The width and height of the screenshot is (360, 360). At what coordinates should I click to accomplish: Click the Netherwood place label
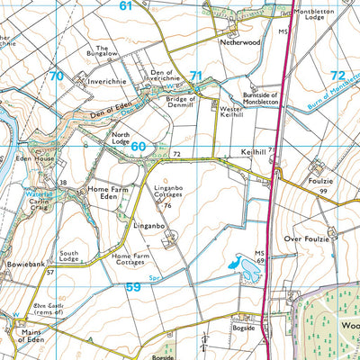point(238,41)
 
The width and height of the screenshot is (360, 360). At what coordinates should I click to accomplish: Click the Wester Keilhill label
point(233,108)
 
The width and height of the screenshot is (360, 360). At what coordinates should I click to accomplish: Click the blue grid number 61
point(125,6)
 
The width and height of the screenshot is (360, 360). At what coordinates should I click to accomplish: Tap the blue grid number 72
point(337,76)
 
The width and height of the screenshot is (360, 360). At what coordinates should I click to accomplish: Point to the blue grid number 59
point(132,287)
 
